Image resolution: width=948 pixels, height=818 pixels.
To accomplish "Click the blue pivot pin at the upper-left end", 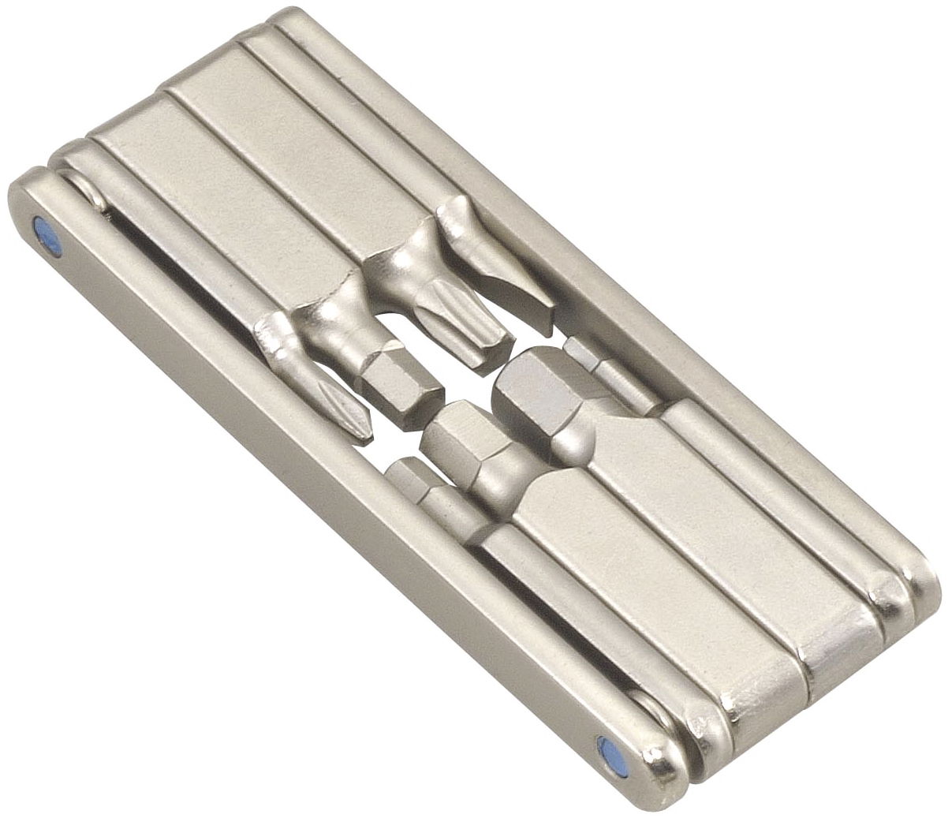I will coord(50,231).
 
